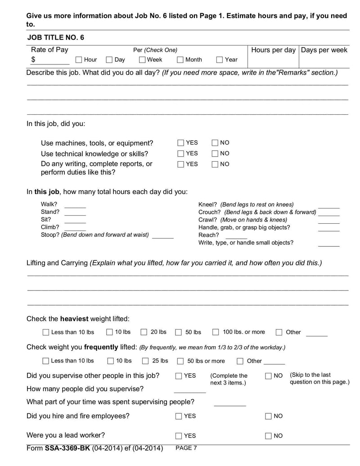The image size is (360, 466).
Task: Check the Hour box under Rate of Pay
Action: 79,59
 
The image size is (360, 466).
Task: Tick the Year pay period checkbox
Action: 220,59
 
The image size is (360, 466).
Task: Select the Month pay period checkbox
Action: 180,59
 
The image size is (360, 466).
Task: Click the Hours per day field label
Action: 273,50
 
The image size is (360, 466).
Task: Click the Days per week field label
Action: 324,50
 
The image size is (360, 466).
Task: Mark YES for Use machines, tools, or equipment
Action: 181,143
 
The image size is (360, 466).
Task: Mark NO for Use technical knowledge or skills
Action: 215,154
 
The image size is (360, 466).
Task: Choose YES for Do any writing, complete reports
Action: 181,164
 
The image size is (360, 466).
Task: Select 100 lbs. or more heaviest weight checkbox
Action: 216,332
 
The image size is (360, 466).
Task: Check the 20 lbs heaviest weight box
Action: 144,332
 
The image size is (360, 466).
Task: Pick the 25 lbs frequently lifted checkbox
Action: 146,361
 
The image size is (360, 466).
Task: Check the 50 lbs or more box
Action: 180,361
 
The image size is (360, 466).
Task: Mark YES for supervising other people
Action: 179,376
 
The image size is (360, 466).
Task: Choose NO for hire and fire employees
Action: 269,416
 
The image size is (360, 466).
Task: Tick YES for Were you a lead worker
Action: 179,436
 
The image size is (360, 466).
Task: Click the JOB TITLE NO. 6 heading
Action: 55,37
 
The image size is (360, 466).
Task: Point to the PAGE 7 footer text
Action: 186,448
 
